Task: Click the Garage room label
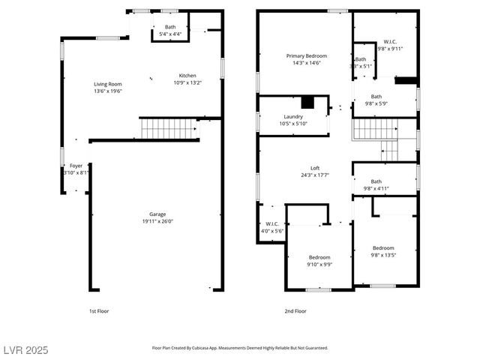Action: click(157, 214)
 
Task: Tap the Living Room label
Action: click(108, 84)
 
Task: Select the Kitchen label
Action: click(187, 75)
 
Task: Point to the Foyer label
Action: click(76, 165)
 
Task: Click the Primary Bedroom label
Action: click(306, 56)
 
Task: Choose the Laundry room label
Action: click(292, 116)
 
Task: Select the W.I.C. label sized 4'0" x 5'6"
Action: click(272, 223)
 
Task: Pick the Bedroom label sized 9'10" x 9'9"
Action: click(319, 256)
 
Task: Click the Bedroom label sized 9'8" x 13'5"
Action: click(383, 248)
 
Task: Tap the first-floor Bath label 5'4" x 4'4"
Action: click(170, 27)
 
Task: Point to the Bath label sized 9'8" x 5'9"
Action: click(376, 96)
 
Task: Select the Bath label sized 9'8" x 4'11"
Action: click(376, 181)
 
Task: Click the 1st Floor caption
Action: click(99, 310)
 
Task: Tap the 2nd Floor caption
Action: click(295, 310)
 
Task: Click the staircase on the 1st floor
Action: click(169, 128)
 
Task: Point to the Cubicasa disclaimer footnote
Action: click(240, 348)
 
